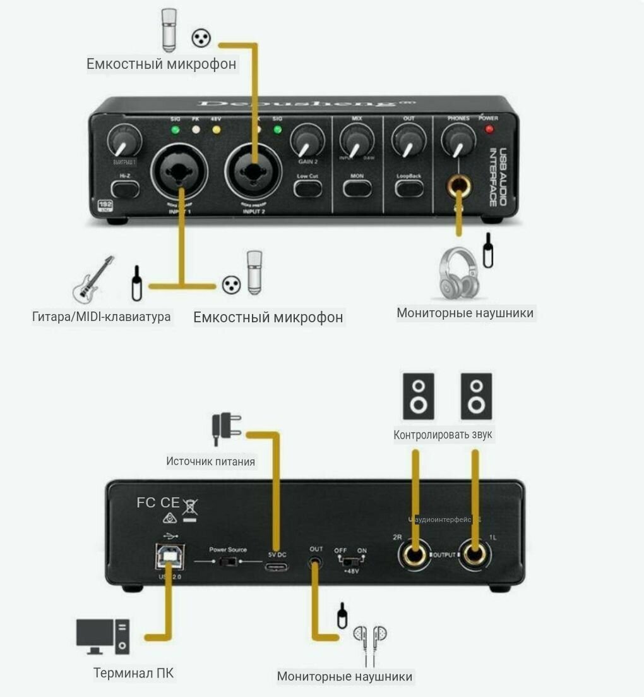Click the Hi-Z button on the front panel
[x=124, y=188]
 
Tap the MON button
[x=357, y=188]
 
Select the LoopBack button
[x=409, y=188]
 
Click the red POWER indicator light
[x=489, y=130]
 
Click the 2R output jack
[x=415, y=555]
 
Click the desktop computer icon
[x=102, y=636]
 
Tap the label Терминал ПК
[x=133, y=673]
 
